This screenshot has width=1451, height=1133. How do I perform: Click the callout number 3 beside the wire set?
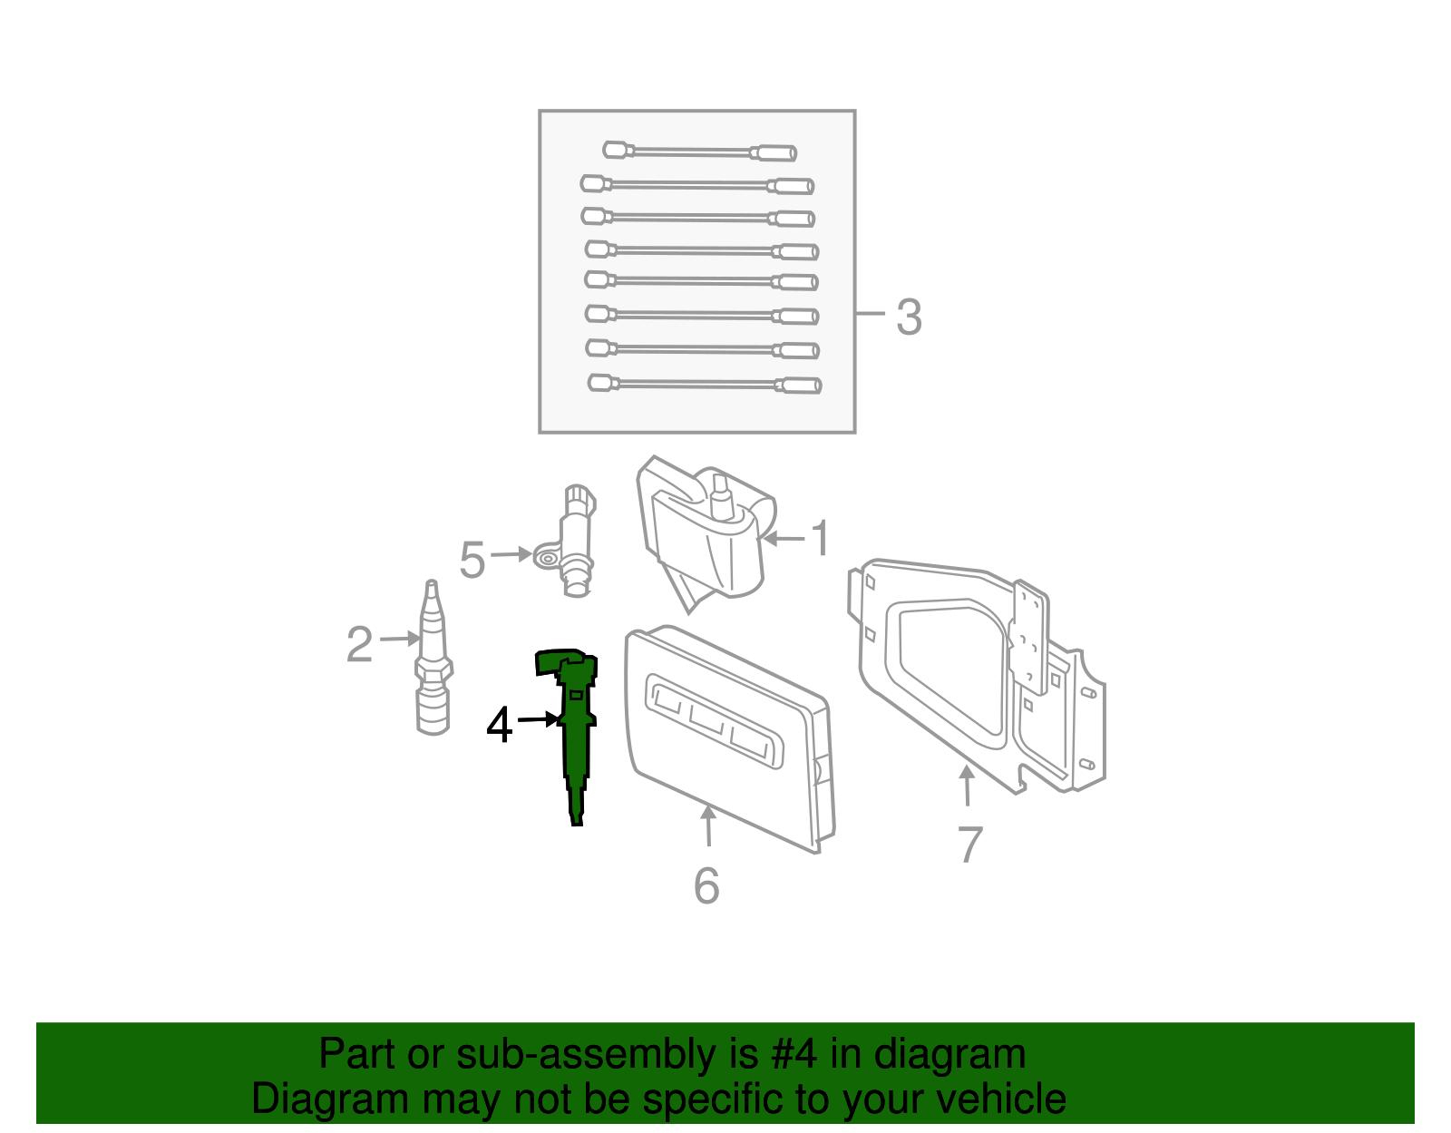pos(909,317)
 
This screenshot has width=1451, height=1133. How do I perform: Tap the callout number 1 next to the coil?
pos(820,539)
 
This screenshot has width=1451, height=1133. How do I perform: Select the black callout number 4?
pos(500,726)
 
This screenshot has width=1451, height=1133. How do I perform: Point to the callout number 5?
pos(472,560)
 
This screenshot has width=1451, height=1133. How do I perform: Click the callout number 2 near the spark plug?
pos(359,645)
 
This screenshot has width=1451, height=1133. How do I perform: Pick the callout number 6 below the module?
pos(706,885)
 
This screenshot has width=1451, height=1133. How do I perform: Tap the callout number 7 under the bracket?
pos(969,845)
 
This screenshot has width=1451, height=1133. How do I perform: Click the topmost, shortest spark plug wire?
pos(699,151)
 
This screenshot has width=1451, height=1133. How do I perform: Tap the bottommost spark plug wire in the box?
pos(704,385)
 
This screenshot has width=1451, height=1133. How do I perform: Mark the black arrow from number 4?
pos(538,719)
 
